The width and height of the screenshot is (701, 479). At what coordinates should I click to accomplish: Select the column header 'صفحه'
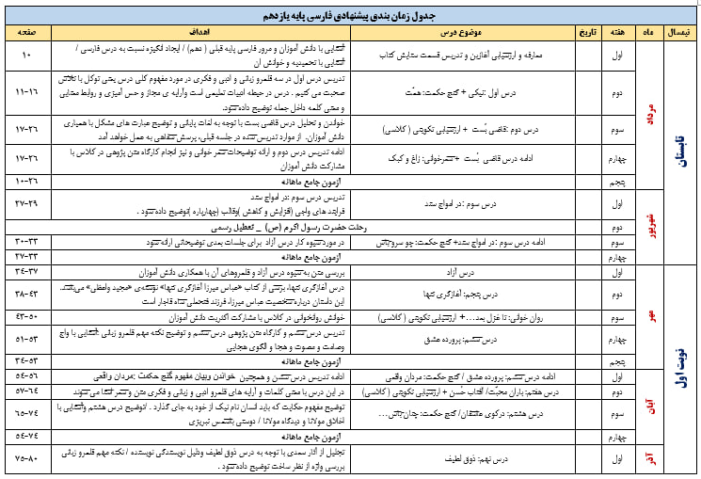click(27, 32)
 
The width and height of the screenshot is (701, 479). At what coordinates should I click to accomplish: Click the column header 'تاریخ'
click(585, 32)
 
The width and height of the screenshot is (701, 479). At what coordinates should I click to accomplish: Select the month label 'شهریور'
click(649, 226)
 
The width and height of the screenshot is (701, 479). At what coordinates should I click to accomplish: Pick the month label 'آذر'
click(649, 457)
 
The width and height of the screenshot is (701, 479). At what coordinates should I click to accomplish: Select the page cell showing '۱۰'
click(27, 55)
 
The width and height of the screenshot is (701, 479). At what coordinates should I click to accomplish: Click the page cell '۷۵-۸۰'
click(27, 457)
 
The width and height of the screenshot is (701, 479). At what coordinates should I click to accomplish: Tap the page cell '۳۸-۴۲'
click(27, 293)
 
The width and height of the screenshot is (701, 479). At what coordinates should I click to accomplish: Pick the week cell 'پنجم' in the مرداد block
click(617, 179)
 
